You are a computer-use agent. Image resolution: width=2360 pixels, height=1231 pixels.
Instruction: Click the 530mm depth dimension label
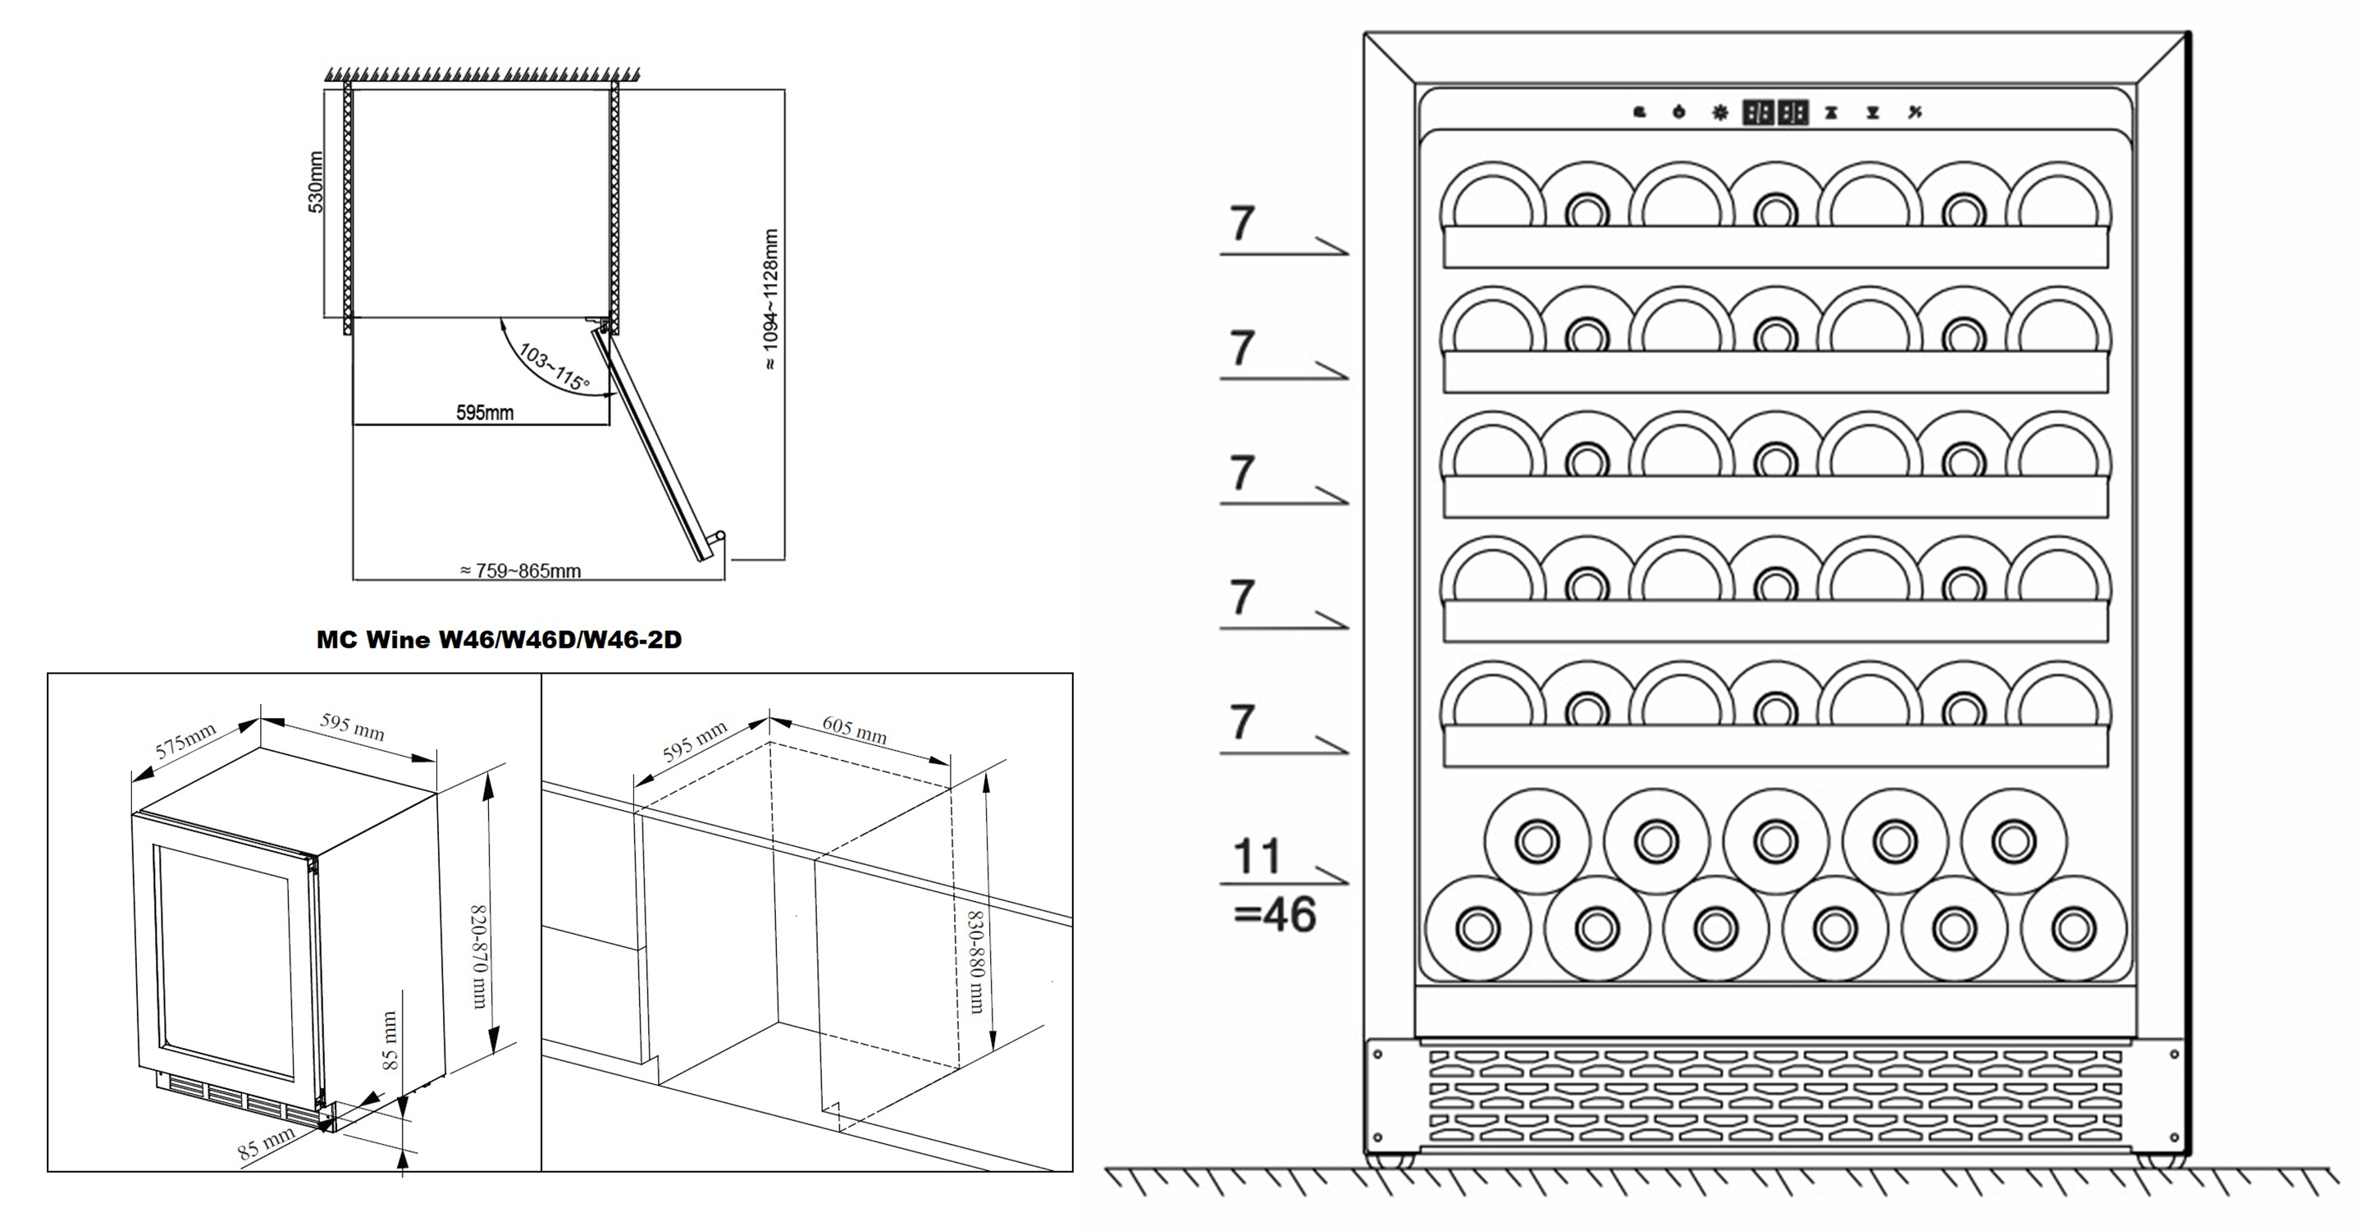point(316,182)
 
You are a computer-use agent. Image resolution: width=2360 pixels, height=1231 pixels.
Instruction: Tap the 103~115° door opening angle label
point(555,366)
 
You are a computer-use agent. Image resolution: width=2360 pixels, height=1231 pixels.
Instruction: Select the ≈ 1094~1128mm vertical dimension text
point(770,299)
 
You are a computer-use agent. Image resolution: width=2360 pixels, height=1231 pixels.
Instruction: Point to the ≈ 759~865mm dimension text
point(520,571)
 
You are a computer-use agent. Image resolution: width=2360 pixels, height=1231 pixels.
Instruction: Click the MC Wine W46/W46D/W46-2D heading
point(500,640)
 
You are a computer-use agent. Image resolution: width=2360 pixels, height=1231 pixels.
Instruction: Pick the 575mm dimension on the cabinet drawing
point(186,740)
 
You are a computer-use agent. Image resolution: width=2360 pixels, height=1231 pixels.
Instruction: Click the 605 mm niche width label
point(854,730)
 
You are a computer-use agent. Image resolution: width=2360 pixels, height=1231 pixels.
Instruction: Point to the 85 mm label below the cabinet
point(267,1145)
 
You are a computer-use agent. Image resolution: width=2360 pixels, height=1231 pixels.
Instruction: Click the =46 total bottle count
point(1275,914)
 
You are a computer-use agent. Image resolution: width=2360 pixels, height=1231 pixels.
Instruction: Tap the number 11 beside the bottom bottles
point(1256,856)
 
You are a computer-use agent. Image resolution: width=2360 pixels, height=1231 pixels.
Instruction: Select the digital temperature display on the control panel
point(1774,112)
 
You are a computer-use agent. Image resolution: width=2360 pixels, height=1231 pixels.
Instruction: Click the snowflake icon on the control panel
point(1719,112)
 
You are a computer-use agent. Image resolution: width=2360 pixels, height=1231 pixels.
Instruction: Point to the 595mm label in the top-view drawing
point(485,413)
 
